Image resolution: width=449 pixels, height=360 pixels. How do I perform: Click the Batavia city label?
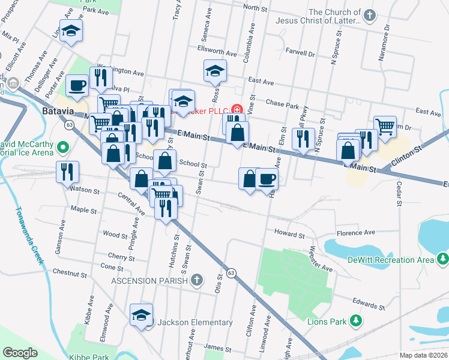tap(57, 112)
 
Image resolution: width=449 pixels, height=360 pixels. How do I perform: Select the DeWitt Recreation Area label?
tap(390, 260)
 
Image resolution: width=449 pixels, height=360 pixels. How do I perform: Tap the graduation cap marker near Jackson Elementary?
tap(141, 315)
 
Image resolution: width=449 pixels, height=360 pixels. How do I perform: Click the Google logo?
tap(20, 353)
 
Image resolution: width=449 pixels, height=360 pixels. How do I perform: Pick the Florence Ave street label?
tap(355, 232)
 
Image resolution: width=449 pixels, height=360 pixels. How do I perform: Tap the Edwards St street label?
tap(368, 301)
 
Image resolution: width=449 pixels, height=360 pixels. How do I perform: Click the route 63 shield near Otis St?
tap(232, 274)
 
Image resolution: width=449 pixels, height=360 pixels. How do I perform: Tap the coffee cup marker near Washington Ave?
tap(76, 86)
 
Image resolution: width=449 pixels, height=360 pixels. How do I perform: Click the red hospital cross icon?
tap(237, 109)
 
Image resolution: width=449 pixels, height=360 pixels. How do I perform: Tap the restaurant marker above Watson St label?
tap(67, 172)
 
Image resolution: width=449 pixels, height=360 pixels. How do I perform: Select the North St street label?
tap(255, 8)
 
